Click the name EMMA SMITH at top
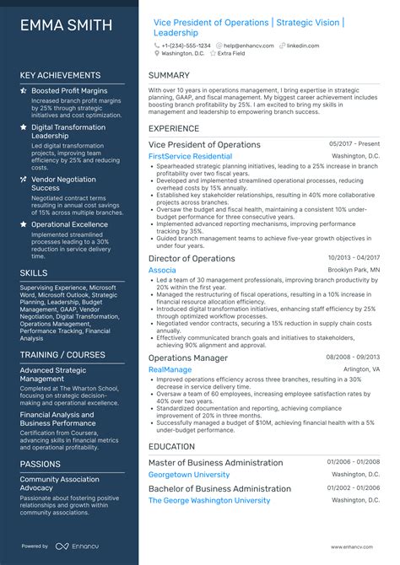point(66,25)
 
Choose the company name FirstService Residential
point(190,156)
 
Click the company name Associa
point(162,270)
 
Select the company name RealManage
point(170,369)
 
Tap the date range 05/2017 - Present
point(354,145)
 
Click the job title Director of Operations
point(192,259)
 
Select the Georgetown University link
point(190,475)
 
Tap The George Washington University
point(209,500)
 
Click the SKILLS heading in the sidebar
point(34,273)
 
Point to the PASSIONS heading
point(41,464)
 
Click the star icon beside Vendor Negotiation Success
point(24,180)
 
